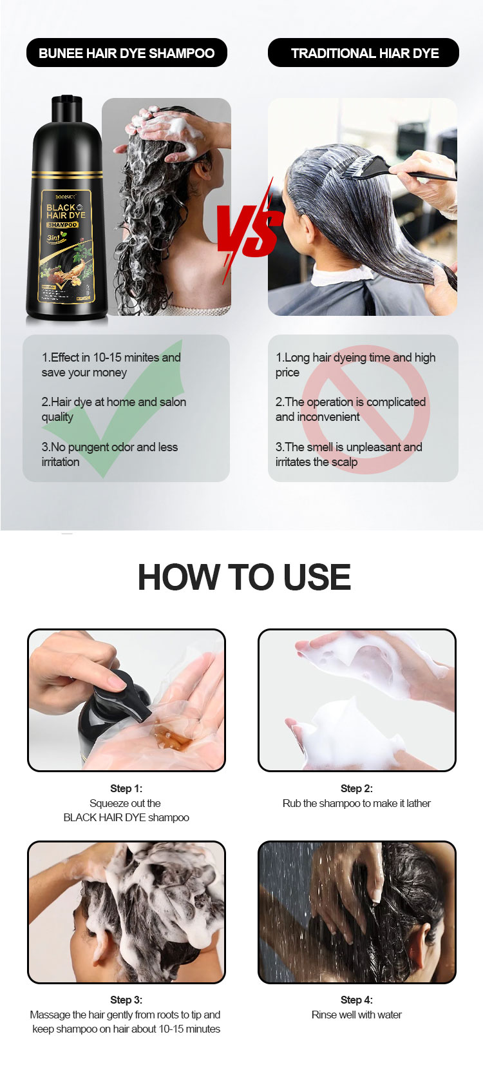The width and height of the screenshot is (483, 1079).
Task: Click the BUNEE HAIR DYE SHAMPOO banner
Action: [x=126, y=53]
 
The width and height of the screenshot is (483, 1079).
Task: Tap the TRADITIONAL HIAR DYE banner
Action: [x=363, y=53]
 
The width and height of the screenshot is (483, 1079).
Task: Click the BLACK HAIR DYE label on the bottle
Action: [x=65, y=211]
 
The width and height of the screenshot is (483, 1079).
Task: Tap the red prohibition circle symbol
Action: [x=365, y=410]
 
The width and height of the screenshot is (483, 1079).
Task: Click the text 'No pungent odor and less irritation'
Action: [x=109, y=454]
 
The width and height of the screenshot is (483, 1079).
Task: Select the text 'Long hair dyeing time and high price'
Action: [x=355, y=365]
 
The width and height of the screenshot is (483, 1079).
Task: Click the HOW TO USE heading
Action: [x=244, y=577]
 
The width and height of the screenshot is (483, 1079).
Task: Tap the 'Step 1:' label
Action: [x=126, y=788]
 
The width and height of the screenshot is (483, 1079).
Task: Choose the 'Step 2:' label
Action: [x=357, y=788]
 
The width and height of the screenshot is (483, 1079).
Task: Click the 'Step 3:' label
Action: [x=126, y=1000]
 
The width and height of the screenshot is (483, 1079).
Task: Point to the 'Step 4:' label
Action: [x=357, y=1000]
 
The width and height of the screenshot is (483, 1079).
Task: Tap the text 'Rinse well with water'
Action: [x=357, y=1015]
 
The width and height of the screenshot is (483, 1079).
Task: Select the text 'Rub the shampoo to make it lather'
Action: [x=357, y=803]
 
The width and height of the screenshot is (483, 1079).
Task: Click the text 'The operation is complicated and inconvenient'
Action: [x=350, y=409]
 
